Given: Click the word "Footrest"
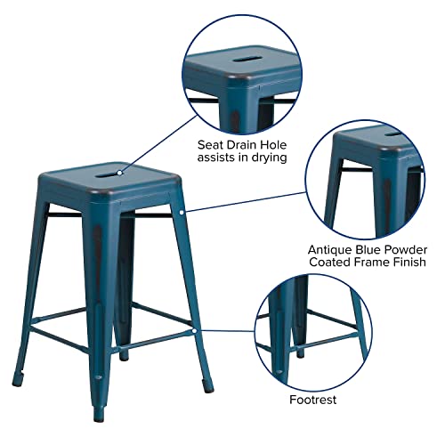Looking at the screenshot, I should click(312, 400).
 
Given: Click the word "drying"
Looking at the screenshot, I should click(268, 158).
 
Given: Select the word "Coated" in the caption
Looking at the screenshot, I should click(328, 263).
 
